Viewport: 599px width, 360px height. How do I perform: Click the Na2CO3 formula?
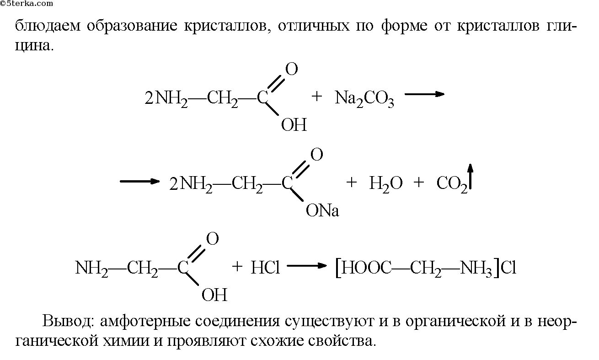click(364, 98)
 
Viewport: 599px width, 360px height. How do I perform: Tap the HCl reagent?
click(265, 268)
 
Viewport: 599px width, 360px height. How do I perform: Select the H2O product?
click(385, 184)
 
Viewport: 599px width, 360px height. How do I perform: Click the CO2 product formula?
click(452, 184)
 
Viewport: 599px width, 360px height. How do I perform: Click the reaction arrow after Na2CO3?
click(425, 94)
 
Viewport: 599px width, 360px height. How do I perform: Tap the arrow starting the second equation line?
click(139, 181)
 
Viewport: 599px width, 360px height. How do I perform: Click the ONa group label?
click(323, 211)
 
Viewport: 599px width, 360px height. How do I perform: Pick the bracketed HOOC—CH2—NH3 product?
click(417, 268)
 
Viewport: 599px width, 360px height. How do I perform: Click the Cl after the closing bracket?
click(508, 268)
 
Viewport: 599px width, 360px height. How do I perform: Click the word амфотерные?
click(143, 321)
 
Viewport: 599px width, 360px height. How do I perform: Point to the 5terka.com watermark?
click(27, 3)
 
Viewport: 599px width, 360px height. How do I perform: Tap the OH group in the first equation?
click(294, 125)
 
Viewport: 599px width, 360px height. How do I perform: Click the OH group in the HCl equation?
click(214, 296)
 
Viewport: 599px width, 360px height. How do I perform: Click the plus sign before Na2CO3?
click(317, 97)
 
